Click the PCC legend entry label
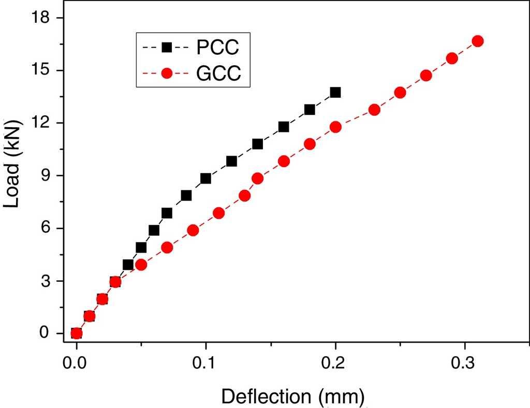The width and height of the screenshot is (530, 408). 217,48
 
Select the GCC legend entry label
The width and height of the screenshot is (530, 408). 218,74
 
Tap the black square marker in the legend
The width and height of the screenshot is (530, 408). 167,48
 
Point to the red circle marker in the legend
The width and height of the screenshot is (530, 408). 167,74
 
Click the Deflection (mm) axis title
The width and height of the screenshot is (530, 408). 293,397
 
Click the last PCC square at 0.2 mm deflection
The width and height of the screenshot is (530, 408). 335,92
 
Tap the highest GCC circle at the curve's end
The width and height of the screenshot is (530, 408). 478,41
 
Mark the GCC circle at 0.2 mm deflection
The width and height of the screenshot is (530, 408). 335,127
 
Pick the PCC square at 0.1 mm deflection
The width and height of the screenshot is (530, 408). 205,178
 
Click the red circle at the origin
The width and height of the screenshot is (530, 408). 77,333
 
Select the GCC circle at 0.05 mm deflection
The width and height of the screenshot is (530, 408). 141,265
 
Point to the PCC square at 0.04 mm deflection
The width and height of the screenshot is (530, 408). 128,265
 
